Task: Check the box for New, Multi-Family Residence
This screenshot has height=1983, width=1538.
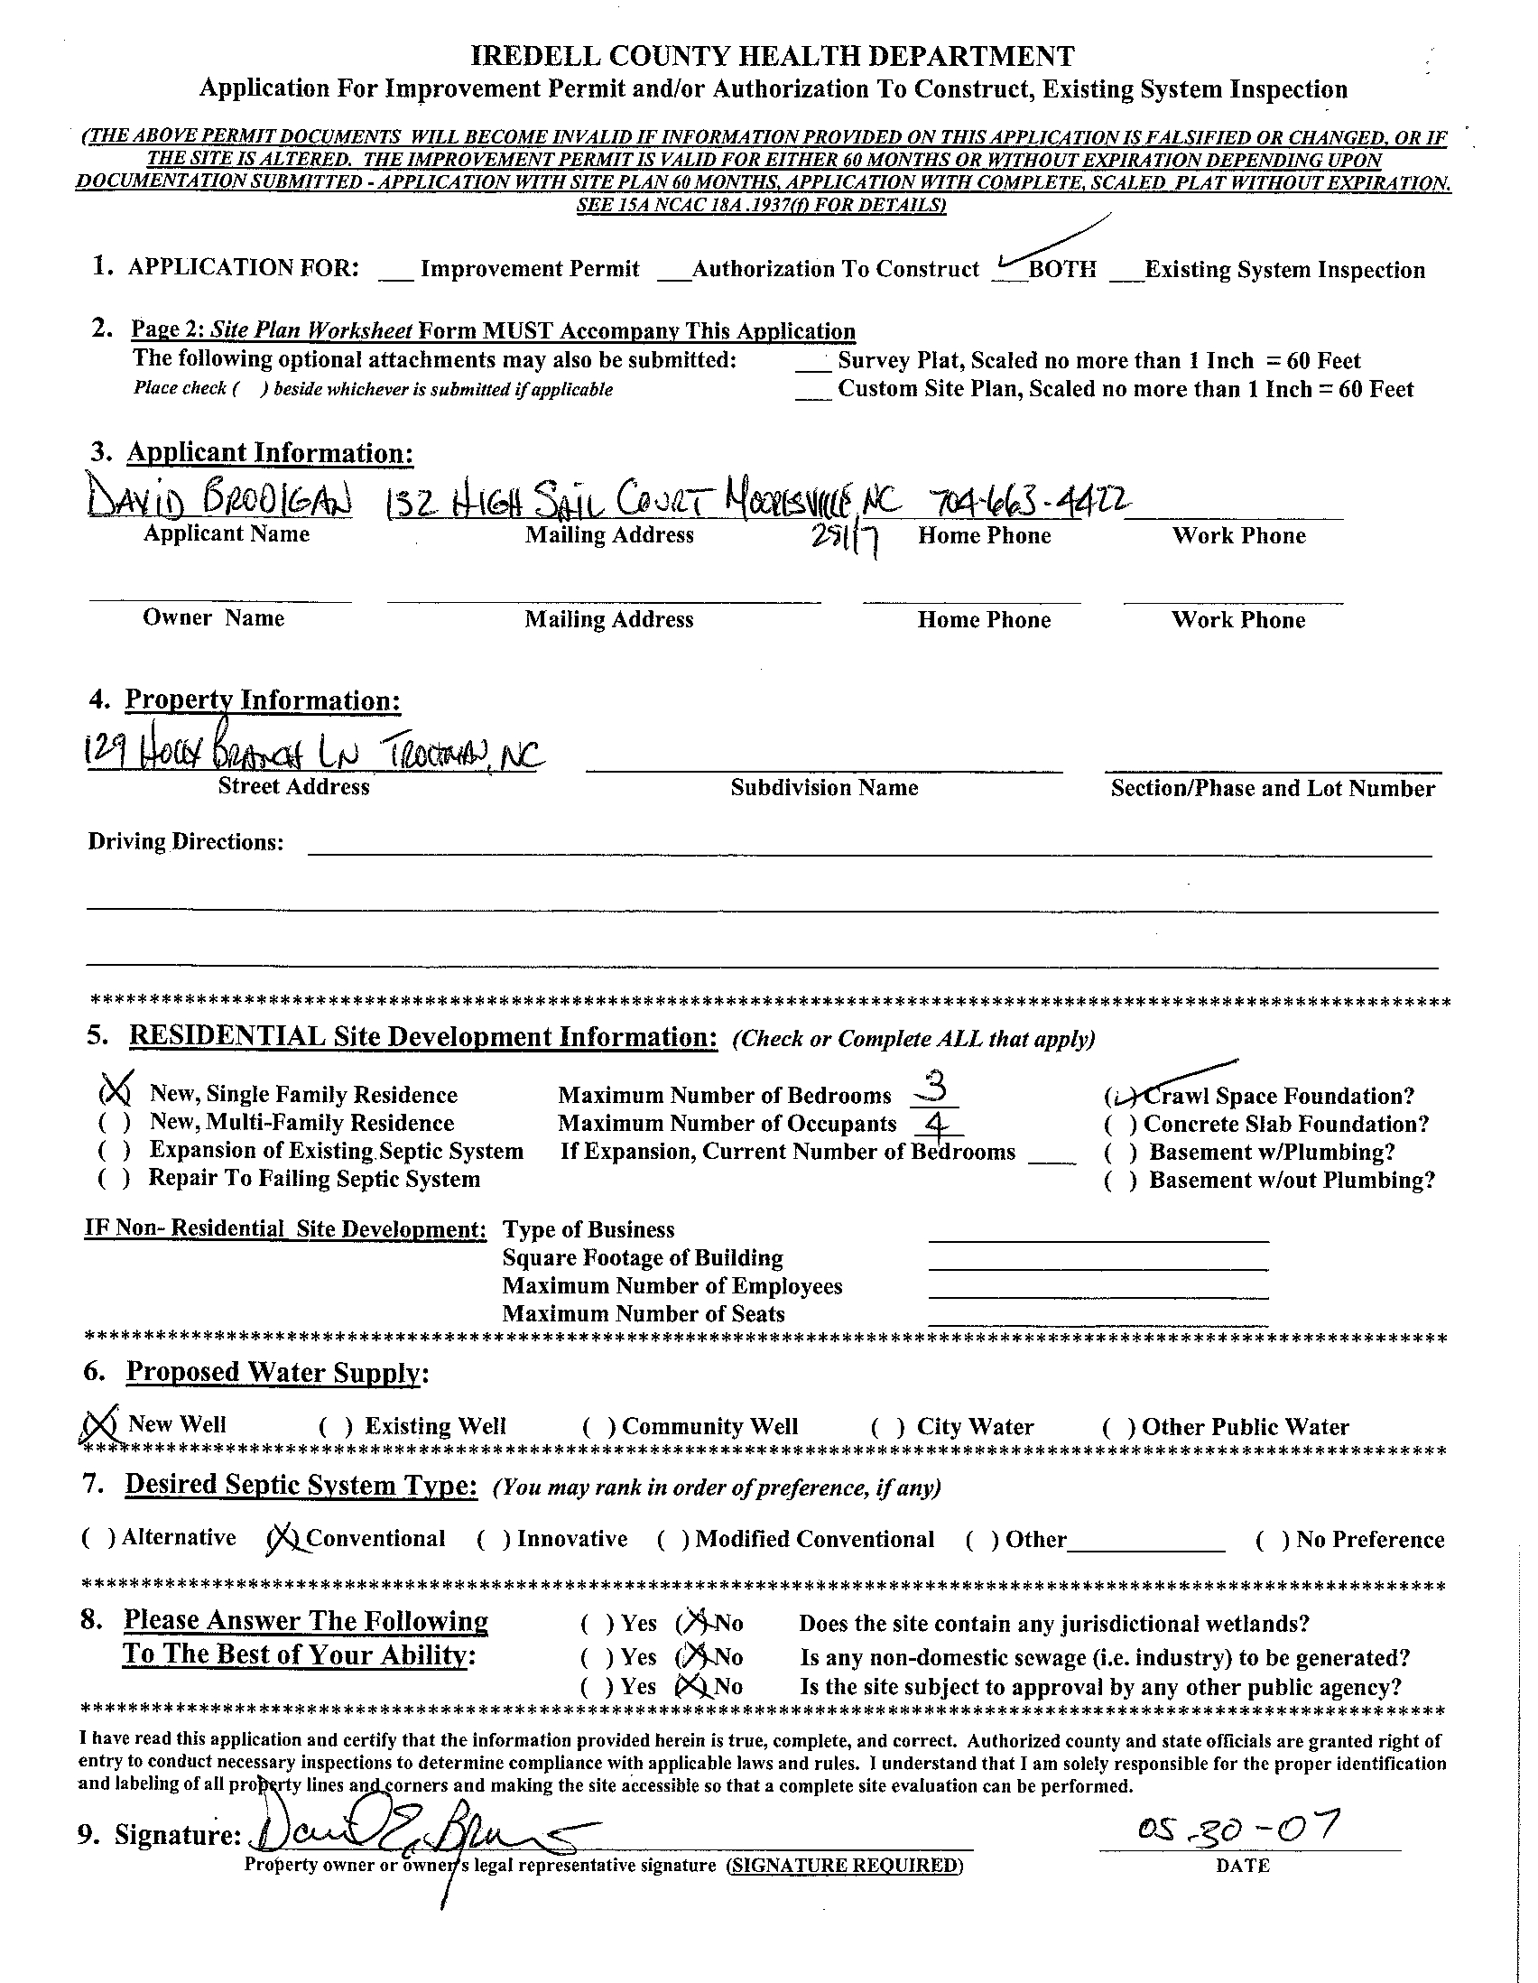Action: tap(115, 1123)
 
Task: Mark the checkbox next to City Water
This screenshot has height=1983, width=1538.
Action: tap(888, 1427)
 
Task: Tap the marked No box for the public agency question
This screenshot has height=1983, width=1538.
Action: tap(690, 1687)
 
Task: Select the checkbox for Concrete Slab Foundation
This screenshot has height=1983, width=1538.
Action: tap(1120, 1125)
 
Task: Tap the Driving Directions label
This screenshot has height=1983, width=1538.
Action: tap(185, 842)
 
